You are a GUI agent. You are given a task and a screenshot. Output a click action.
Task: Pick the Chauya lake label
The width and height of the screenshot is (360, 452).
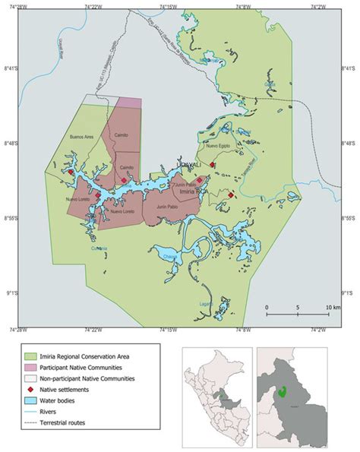click(x=169, y=258)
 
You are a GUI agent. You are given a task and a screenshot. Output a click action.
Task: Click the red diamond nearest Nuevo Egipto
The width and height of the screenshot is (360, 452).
click(x=213, y=164)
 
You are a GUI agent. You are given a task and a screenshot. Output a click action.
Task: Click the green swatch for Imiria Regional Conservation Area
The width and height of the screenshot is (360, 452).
click(x=33, y=353)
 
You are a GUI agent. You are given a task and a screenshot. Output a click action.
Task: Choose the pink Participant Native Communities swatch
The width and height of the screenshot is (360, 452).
click(x=33, y=365)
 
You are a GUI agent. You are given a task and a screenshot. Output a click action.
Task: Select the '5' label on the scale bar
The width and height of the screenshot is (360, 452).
click(x=298, y=308)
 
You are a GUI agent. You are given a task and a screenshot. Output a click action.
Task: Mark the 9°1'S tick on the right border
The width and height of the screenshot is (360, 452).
click(x=350, y=292)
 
